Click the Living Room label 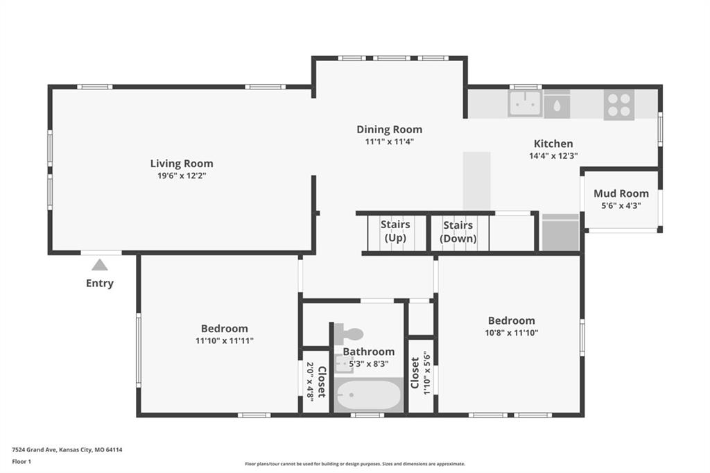(182, 163)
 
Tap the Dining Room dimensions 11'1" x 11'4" (390, 141)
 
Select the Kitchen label (553, 144)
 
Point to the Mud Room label (621, 193)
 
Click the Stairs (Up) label (395, 231)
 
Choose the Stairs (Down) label (458, 232)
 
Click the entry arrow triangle (100, 265)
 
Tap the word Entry (100, 283)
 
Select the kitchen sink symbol (525, 103)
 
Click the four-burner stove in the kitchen (619, 105)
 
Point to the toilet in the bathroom (349, 334)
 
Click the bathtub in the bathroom (369, 395)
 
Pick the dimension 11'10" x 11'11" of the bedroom (225, 341)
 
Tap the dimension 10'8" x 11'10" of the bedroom (511, 332)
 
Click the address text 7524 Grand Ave (35, 450)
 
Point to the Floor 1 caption (21, 462)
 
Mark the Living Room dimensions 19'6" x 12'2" (182, 175)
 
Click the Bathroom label (369, 352)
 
